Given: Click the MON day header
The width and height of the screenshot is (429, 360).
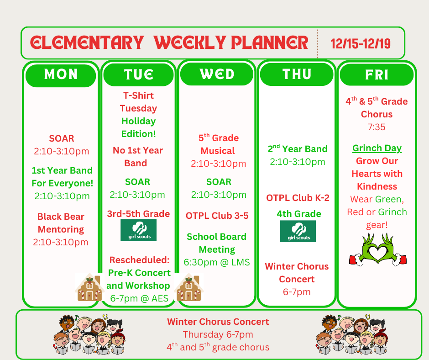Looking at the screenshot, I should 61,74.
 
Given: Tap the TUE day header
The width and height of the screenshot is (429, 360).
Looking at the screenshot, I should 139,74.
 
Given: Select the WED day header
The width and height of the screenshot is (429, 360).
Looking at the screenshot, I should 217,74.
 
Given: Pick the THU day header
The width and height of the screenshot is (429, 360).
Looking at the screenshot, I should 297,74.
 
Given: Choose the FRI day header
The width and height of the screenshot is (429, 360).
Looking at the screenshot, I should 377,74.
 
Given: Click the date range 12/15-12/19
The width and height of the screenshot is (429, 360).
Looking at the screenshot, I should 361,43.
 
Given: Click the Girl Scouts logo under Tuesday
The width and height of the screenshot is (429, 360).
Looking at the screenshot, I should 138,230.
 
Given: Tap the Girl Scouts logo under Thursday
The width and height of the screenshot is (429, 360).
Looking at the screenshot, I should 298,231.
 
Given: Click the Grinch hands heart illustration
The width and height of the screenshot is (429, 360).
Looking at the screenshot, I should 377,250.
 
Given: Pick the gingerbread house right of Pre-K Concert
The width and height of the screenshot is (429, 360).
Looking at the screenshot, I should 188,288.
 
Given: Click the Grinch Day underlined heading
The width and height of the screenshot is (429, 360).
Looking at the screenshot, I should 377,148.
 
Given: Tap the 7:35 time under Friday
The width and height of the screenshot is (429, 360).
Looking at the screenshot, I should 377,127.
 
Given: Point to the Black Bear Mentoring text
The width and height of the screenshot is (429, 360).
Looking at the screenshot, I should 61,223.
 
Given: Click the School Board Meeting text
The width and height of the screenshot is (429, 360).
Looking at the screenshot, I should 217,243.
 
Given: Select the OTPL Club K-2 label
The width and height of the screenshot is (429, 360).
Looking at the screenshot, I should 298,198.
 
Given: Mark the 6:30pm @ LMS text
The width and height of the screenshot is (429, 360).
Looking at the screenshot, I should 217,262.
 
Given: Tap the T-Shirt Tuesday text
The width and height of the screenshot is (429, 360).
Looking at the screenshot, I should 138,102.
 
